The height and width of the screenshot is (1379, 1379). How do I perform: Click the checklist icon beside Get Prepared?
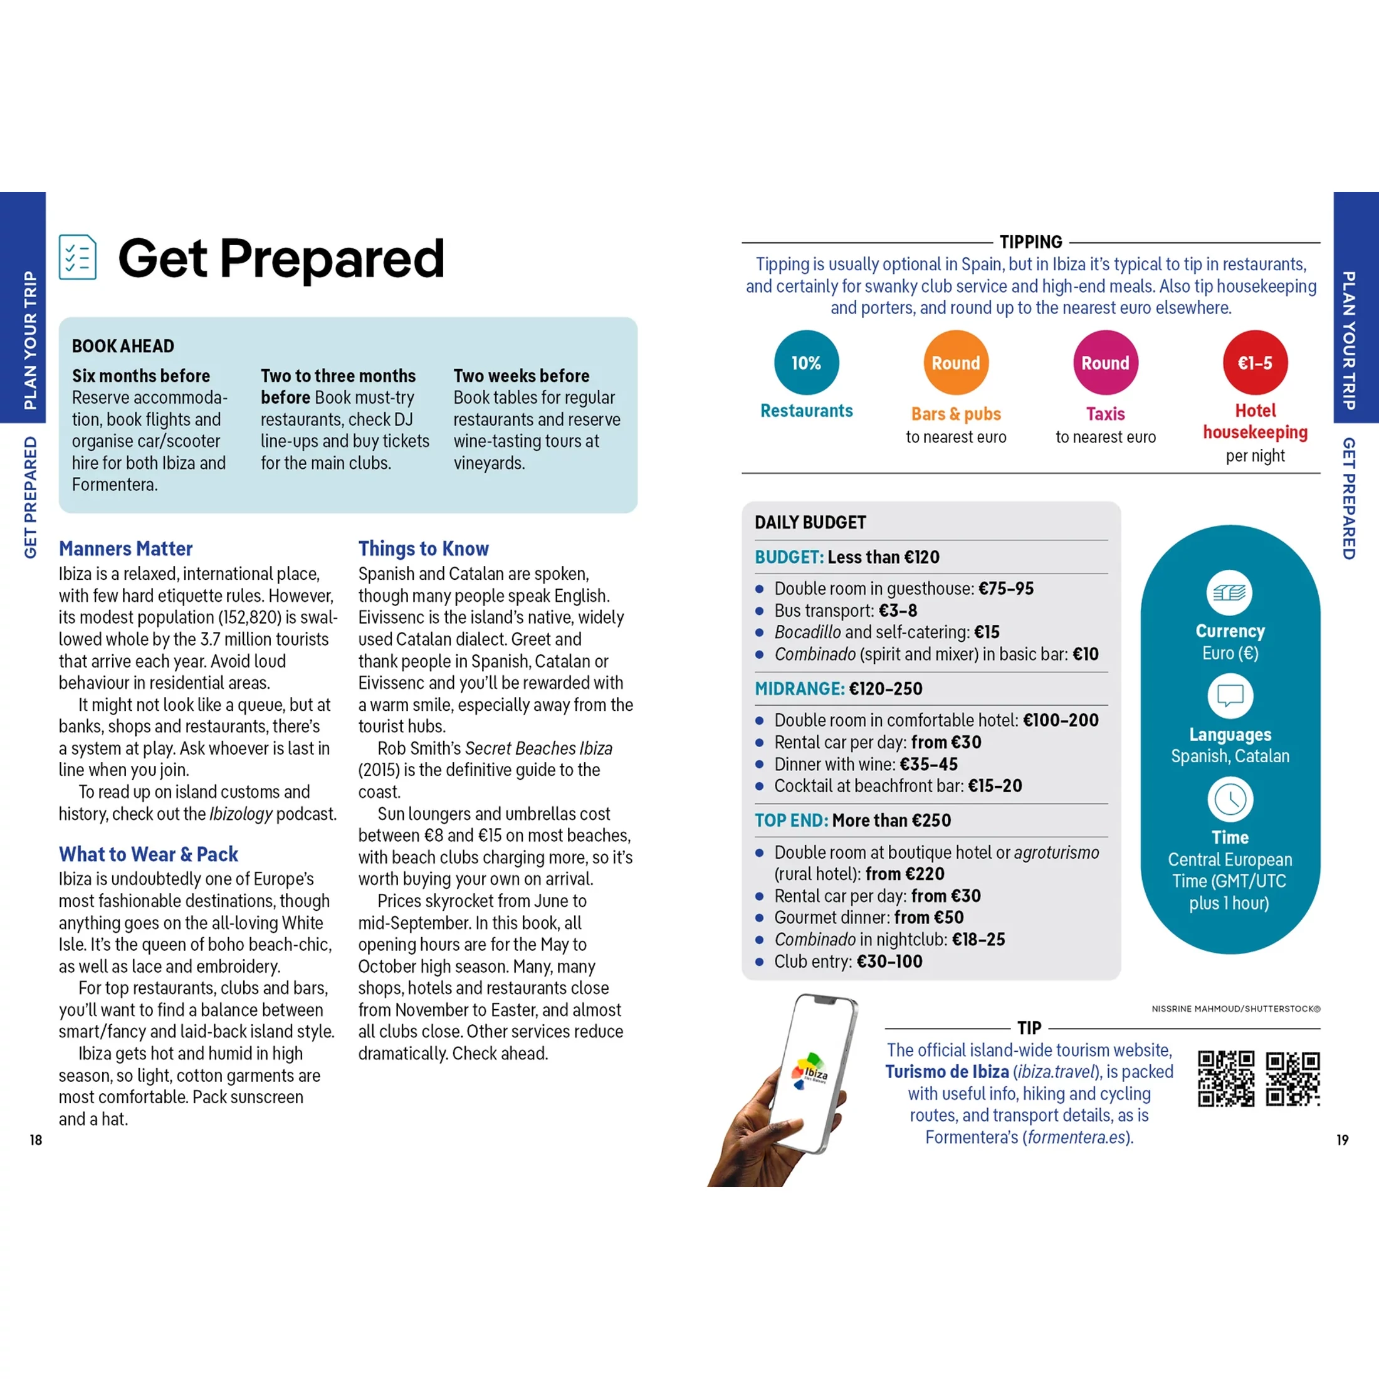pyautogui.click(x=78, y=257)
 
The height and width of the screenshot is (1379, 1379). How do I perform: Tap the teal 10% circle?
pyautogui.click(x=806, y=362)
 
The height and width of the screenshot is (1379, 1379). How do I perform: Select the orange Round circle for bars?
pyautogui.click(x=956, y=362)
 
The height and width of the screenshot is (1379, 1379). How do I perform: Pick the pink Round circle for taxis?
pyautogui.click(x=1105, y=362)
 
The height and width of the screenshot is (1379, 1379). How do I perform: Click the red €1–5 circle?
pyautogui.click(x=1255, y=362)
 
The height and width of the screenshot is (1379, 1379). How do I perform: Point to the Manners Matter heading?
pyautogui.click(x=125, y=548)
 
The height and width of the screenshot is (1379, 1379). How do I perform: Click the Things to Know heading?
pyautogui.click(x=423, y=548)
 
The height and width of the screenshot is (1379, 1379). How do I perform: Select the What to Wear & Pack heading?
pyautogui.click(x=149, y=854)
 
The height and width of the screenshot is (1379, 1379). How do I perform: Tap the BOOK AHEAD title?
pyautogui.click(x=123, y=346)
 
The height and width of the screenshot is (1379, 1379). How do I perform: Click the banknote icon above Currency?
pyautogui.click(x=1229, y=592)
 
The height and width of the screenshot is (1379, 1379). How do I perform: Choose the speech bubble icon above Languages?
pyautogui.click(x=1230, y=695)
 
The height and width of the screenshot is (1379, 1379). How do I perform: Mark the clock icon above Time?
pyautogui.click(x=1230, y=799)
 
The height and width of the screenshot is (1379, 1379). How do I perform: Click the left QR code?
pyautogui.click(x=1225, y=1079)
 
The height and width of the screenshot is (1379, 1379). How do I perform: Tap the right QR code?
pyautogui.click(x=1292, y=1079)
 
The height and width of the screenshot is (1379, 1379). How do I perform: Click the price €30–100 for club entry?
pyautogui.click(x=889, y=962)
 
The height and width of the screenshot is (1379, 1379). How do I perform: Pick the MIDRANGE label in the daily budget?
pyautogui.click(x=799, y=689)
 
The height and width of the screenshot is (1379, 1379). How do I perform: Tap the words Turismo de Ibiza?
pyautogui.click(x=947, y=1071)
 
